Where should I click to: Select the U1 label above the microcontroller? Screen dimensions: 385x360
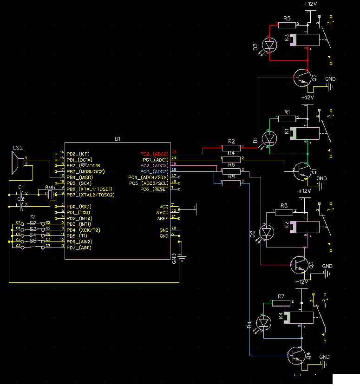pyautogui.click(x=118, y=138)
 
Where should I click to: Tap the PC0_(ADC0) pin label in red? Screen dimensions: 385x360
pyautogui.click(x=154, y=154)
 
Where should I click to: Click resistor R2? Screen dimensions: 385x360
pyautogui.click(x=231, y=148)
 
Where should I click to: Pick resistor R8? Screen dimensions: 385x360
pyautogui.click(x=231, y=183)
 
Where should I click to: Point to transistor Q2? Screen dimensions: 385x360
pyautogui.click(x=303, y=78)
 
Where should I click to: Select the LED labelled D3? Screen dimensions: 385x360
pyautogui.click(x=269, y=46)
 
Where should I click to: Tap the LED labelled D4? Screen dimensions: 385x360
pyautogui.click(x=264, y=322)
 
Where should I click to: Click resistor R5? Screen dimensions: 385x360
pyautogui.click(x=287, y=25)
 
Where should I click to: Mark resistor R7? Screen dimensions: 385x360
pyautogui.click(x=281, y=303)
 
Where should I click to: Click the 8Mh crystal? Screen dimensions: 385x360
pyautogui.click(x=50, y=193)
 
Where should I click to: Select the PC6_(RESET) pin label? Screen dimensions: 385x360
pyautogui.click(x=154, y=189)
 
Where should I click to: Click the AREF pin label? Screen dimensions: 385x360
pyautogui.click(x=163, y=218)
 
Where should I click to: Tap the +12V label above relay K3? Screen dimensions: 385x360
pyautogui.click(x=310, y=4)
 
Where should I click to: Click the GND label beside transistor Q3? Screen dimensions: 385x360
pyautogui.click(x=327, y=266)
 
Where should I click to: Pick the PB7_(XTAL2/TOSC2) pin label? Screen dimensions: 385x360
pyautogui.click(x=91, y=195)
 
